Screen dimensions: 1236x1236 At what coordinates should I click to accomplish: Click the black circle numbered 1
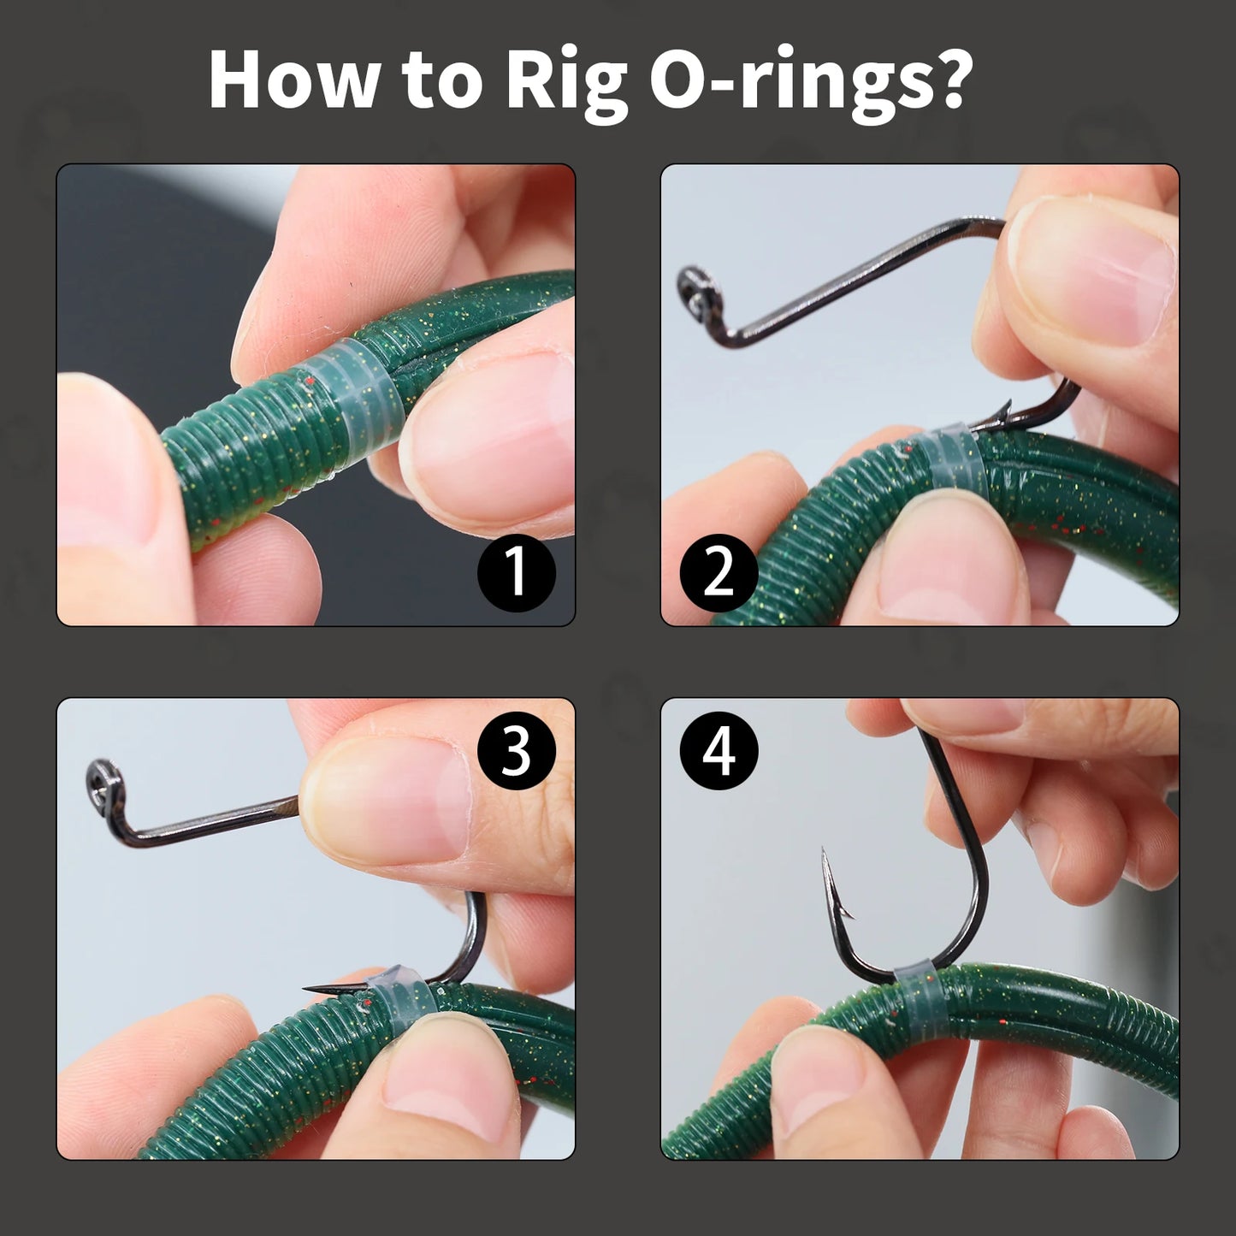516,571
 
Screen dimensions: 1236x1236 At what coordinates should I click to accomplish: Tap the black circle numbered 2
719,571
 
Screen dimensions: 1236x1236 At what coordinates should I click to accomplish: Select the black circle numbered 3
516,751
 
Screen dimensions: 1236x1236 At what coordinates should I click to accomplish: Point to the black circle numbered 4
719,751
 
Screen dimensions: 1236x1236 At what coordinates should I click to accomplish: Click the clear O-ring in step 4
914,992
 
